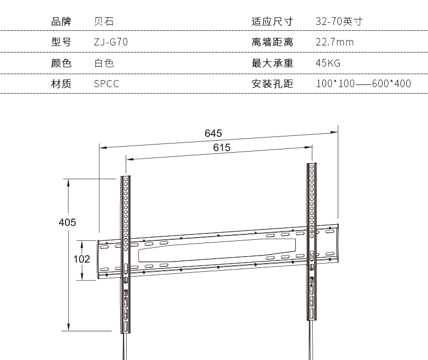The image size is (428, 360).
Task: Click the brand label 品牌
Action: point(61,22)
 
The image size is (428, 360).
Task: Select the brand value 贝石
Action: point(103,22)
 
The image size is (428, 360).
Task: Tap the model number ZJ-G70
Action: point(111,42)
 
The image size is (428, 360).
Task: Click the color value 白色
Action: point(103,63)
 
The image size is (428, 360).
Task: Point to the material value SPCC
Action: point(106,83)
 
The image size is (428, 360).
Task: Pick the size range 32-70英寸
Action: point(339,22)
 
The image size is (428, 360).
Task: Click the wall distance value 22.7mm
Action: point(334,42)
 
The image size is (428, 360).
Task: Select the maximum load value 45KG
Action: point(328,63)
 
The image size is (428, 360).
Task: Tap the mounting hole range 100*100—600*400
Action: point(363,83)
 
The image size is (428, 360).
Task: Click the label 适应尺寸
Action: point(272,22)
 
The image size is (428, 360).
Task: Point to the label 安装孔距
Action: point(272,83)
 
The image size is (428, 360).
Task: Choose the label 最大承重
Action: point(272,63)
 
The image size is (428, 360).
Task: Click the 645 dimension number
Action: point(213,133)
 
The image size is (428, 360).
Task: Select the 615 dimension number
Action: point(222,148)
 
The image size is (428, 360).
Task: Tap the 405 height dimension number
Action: point(67,222)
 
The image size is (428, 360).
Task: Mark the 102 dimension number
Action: point(81,259)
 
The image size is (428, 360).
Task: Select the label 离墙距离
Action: point(272,42)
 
